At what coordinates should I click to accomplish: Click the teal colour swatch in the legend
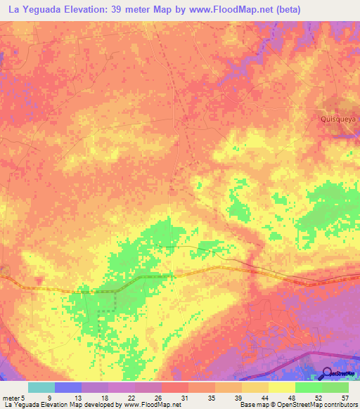pyautogui.click(x=41, y=387)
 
